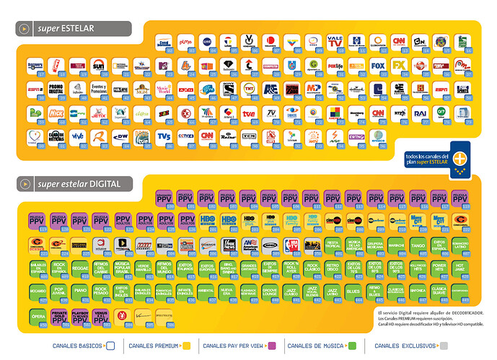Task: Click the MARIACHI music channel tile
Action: click(x=397, y=245)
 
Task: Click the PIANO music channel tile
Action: click(x=81, y=291)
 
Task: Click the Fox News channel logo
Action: click(x=228, y=245)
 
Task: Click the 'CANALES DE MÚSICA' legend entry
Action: click(x=317, y=346)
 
